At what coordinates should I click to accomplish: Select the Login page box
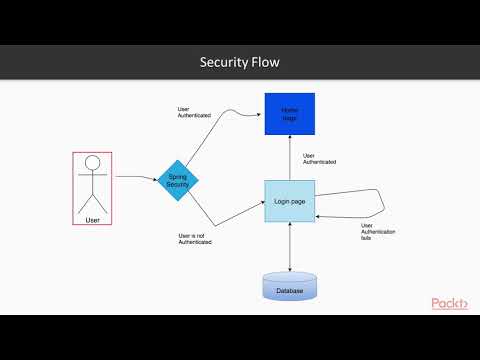click(x=289, y=202)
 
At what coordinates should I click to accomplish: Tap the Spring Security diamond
click(x=179, y=180)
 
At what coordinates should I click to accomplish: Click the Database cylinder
click(x=289, y=288)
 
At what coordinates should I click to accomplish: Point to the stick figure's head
click(x=93, y=163)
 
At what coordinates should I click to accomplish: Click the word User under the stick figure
click(x=93, y=218)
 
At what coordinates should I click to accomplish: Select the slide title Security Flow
click(x=240, y=63)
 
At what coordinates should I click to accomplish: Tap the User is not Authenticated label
click(x=195, y=240)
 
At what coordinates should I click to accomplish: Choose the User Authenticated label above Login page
click(x=318, y=158)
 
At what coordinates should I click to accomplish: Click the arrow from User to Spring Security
click(x=135, y=178)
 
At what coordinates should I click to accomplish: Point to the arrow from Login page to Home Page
click(x=289, y=160)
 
